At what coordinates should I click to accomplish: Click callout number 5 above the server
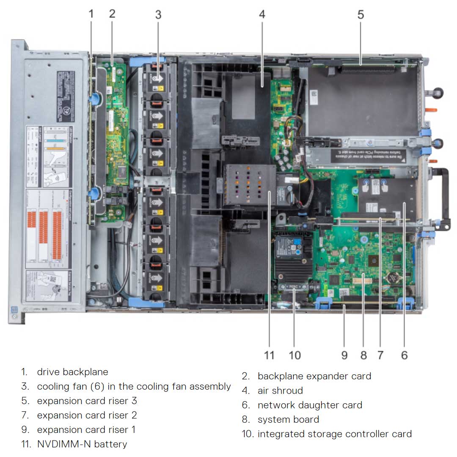pyautogui.click(x=360, y=14)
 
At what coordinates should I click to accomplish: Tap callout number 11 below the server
pyautogui.click(x=269, y=355)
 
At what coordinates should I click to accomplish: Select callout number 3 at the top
pyautogui.click(x=158, y=14)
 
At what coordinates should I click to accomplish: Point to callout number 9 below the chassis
pyautogui.click(x=344, y=355)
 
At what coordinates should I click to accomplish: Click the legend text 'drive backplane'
pyautogui.click(x=72, y=372)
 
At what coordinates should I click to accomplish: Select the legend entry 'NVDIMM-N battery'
pyautogui.click(x=82, y=444)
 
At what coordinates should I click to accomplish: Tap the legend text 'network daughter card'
pyautogui.click(x=310, y=405)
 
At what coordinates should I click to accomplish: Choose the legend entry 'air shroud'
pyautogui.click(x=280, y=391)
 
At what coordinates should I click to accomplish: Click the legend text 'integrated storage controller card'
pyautogui.click(x=334, y=434)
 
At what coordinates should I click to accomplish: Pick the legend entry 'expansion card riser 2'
pyautogui.click(x=87, y=415)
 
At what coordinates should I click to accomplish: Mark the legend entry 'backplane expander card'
pyautogui.click(x=314, y=376)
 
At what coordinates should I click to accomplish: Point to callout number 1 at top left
pyautogui.click(x=91, y=14)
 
